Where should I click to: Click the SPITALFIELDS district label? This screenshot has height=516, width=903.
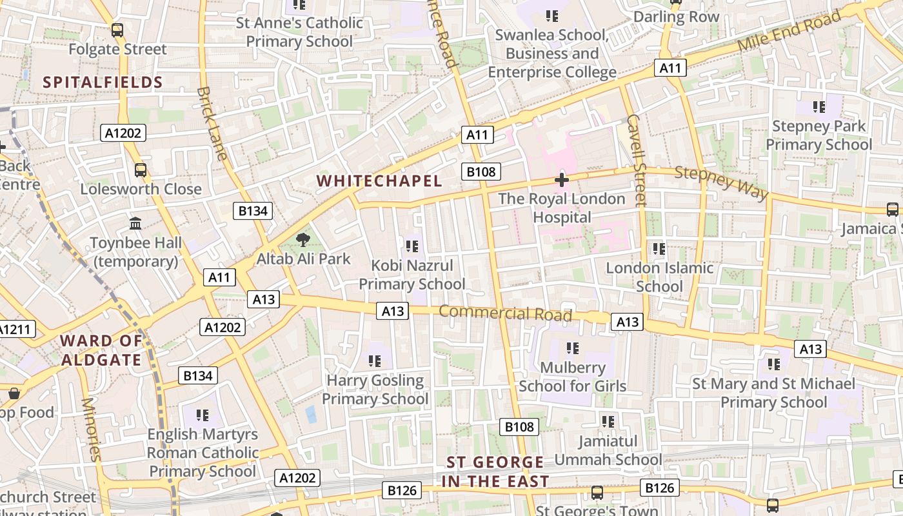[x=103, y=82]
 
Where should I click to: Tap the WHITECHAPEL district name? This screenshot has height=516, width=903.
[x=380, y=181]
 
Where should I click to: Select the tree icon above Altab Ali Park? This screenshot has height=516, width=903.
[x=302, y=241]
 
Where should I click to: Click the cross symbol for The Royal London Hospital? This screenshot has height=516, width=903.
[x=562, y=180]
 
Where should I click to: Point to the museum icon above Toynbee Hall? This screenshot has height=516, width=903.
[x=135, y=224]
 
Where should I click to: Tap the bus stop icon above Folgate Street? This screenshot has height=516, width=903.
[x=117, y=30]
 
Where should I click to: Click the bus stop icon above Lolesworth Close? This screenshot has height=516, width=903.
[x=140, y=170]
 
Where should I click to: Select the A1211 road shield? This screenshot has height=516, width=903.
[x=14, y=330]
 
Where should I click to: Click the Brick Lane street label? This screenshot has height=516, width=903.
[x=212, y=124]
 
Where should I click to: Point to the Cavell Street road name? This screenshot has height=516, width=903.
[x=636, y=160]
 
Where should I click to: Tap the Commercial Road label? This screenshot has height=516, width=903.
[x=505, y=313]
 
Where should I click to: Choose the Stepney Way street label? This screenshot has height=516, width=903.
[x=722, y=183]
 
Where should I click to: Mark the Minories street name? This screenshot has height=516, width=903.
[x=91, y=429]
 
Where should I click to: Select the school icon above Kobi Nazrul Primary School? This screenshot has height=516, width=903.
[x=412, y=246]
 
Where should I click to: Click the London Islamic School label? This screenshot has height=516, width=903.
[x=659, y=277]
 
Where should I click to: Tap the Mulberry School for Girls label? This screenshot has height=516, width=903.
[x=572, y=377]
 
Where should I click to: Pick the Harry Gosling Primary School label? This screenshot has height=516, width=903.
[x=375, y=390]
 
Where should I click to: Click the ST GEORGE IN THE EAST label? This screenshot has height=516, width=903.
[x=495, y=471]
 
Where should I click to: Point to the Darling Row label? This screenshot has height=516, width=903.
[x=676, y=17]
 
